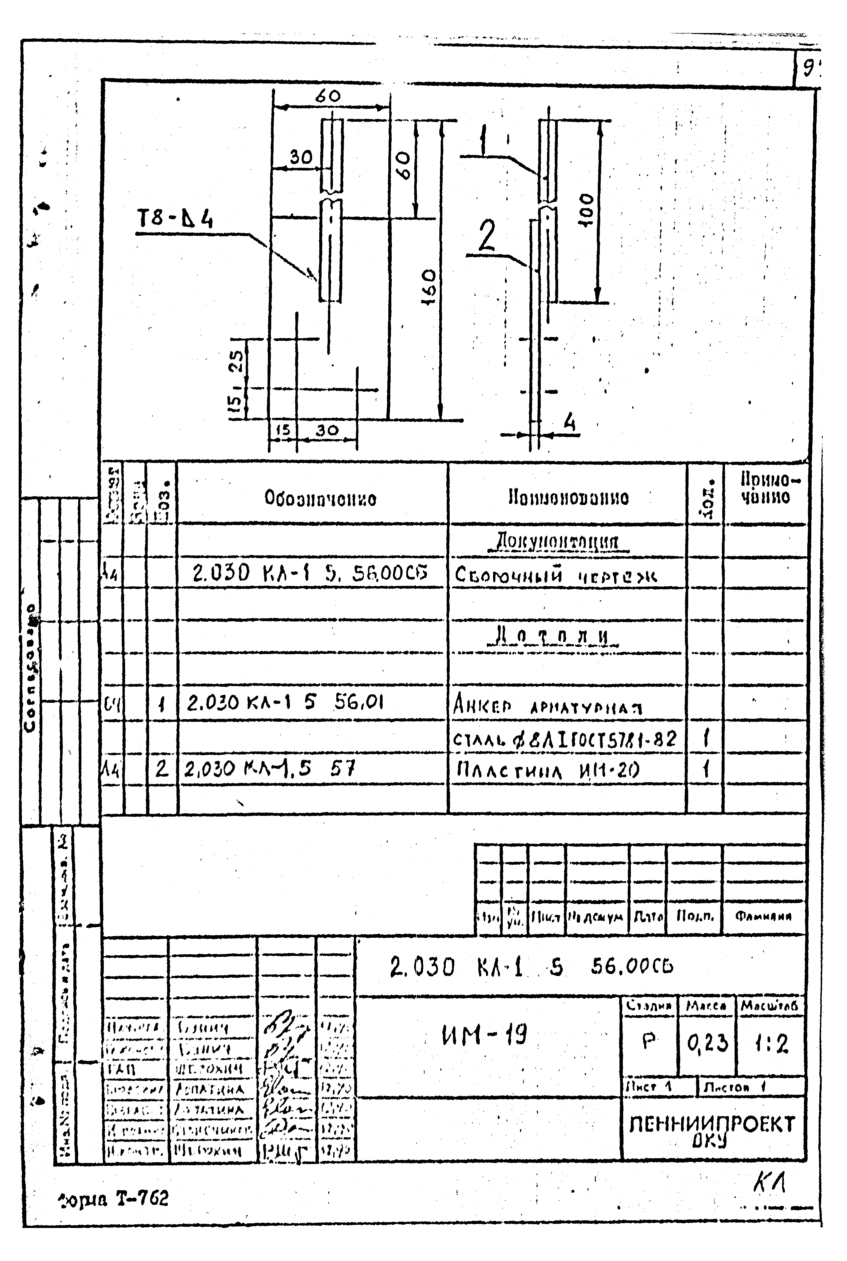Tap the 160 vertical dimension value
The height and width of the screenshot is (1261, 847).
click(x=428, y=287)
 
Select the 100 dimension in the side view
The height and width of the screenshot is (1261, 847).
click(x=586, y=210)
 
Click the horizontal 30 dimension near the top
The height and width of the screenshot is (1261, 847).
click(x=301, y=157)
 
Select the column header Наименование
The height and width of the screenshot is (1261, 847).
click(x=568, y=497)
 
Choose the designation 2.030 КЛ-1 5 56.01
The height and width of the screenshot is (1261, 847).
click(x=285, y=703)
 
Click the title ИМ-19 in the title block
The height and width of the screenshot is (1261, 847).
click(x=484, y=1036)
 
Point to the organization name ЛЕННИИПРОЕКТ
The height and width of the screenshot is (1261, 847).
click(x=712, y=1124)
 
